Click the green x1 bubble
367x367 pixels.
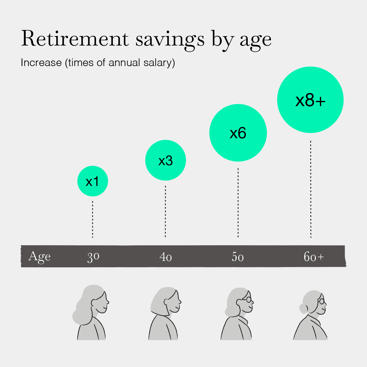click(93, 181)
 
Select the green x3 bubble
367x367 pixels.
click(165, 160)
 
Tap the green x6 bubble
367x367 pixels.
click(238, 133)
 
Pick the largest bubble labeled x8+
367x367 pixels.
click(310, 100)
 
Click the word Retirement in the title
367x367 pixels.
click(75, 39)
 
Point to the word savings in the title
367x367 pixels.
click(170, 41)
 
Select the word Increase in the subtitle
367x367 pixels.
click(41, 62)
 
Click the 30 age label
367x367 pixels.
click(93, 257)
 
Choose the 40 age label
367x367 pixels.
click(165, 257)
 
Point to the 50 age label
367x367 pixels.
click(238, 257)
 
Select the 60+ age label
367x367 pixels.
click(314, 256)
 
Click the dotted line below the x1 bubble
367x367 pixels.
click(93, 219)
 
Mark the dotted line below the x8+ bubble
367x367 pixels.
click(311, 189)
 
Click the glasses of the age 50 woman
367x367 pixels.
click(248, 299)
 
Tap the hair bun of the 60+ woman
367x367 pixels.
click(303, 309)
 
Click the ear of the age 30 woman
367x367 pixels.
click(94, 302)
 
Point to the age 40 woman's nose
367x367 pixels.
click(180, 302)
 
